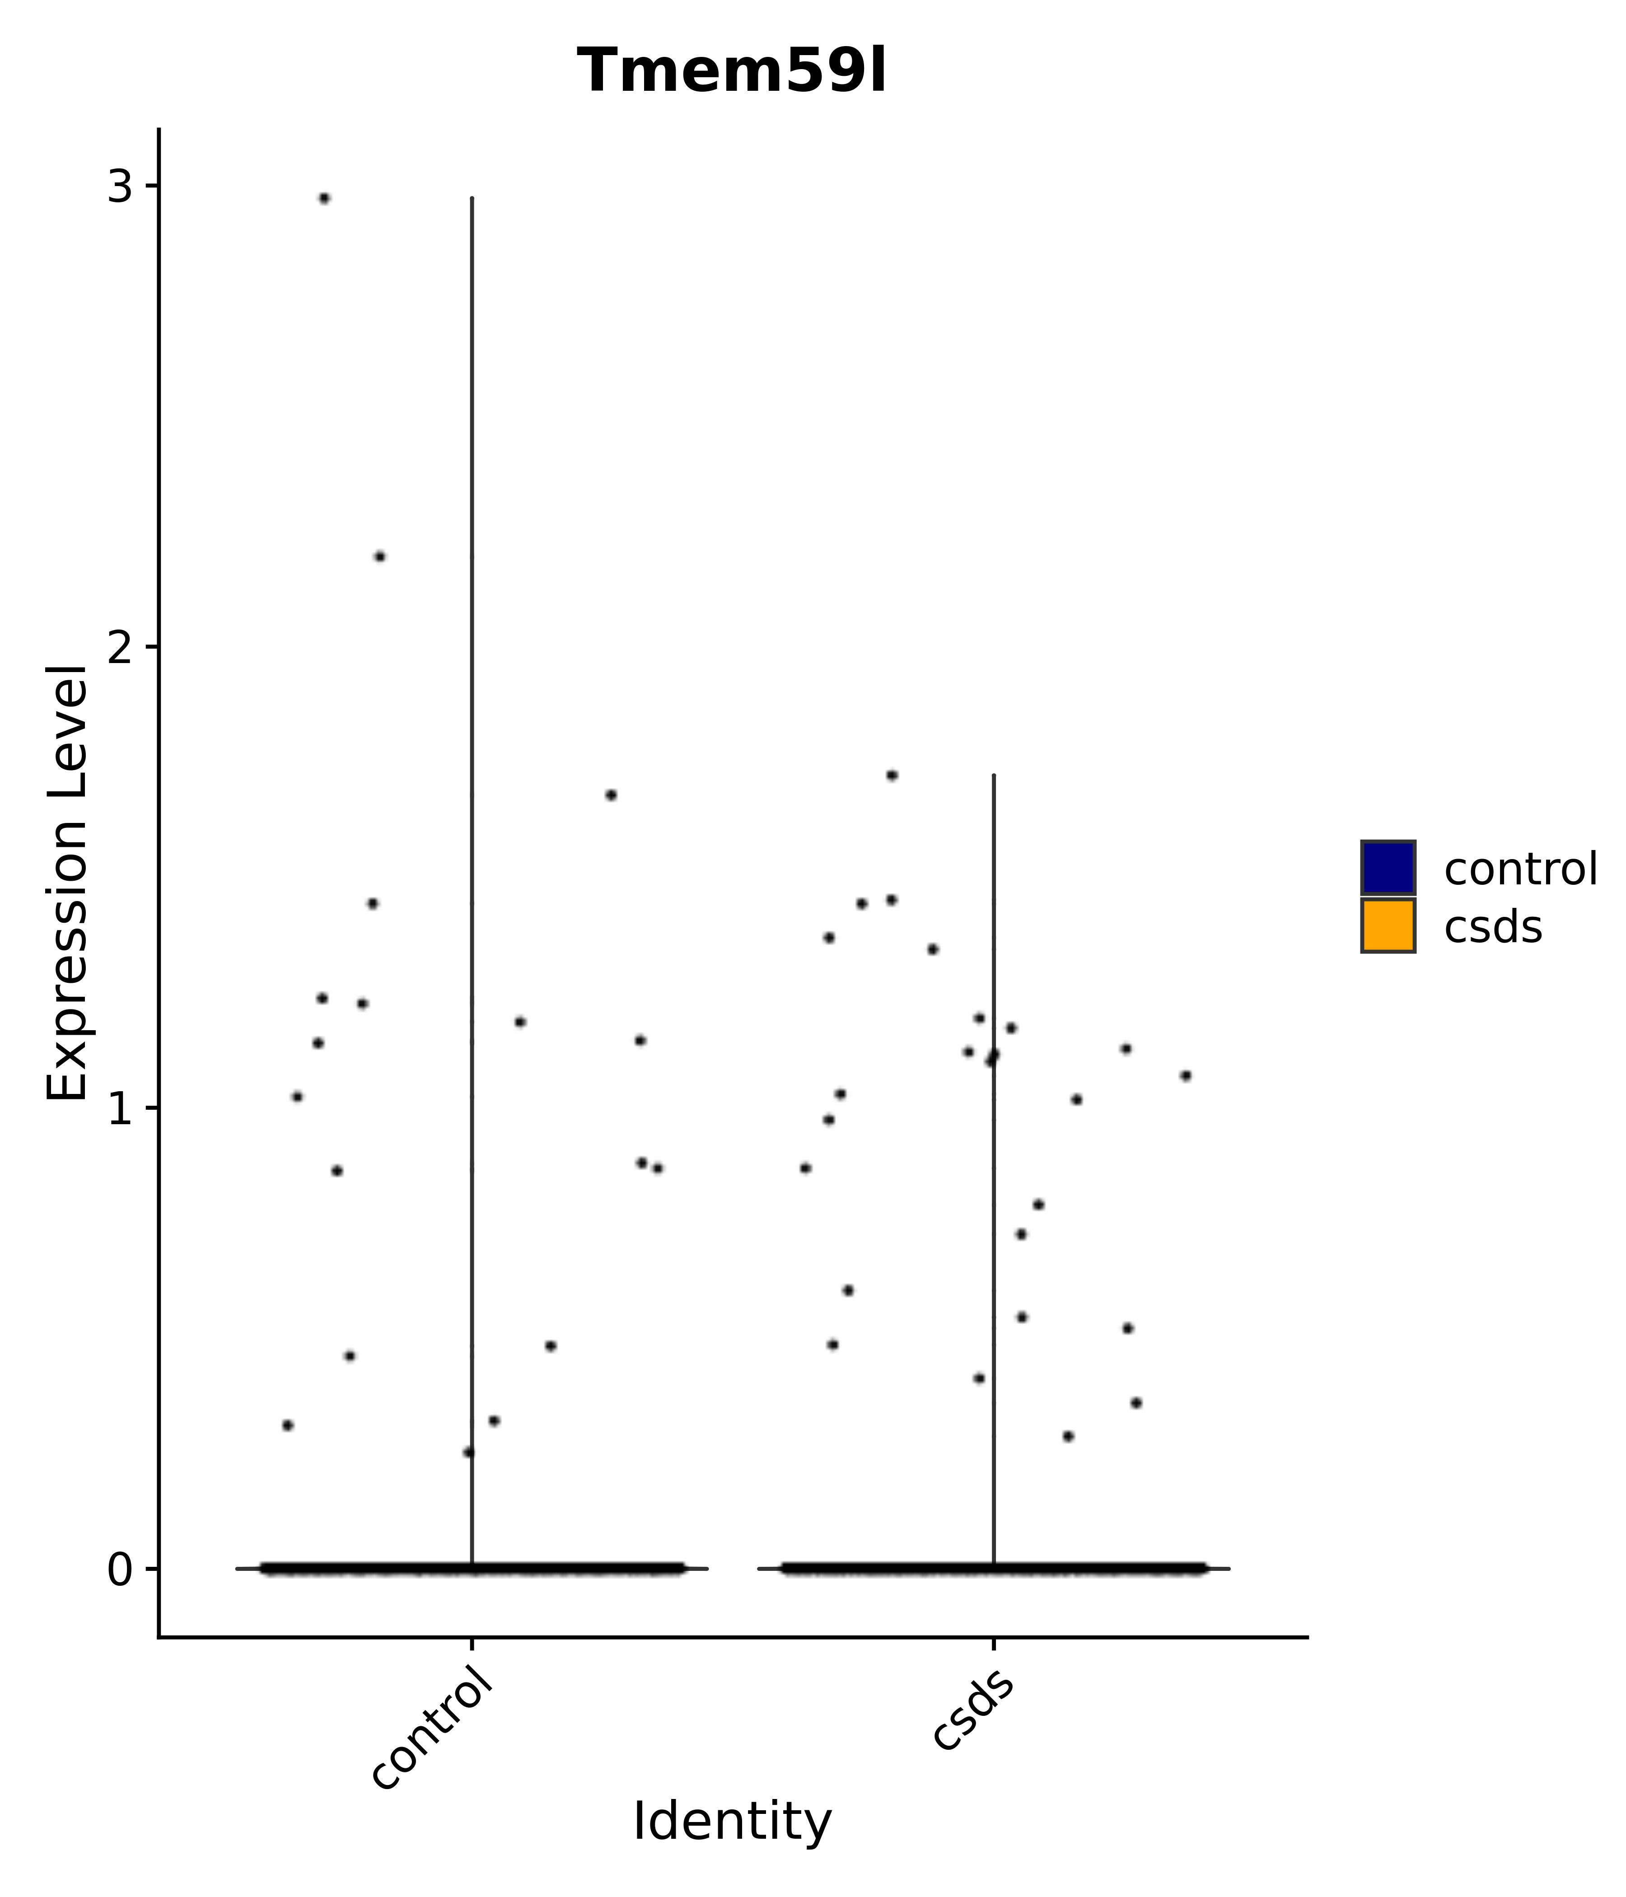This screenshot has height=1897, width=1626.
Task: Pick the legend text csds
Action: point(1492,927)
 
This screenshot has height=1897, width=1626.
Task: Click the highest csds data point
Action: point(892,776)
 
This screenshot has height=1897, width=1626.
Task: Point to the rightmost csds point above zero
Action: point(1186,1076)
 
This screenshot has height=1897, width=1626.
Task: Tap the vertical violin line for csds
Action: point(993,1190)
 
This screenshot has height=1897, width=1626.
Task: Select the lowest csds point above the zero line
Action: point(1068,1436)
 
